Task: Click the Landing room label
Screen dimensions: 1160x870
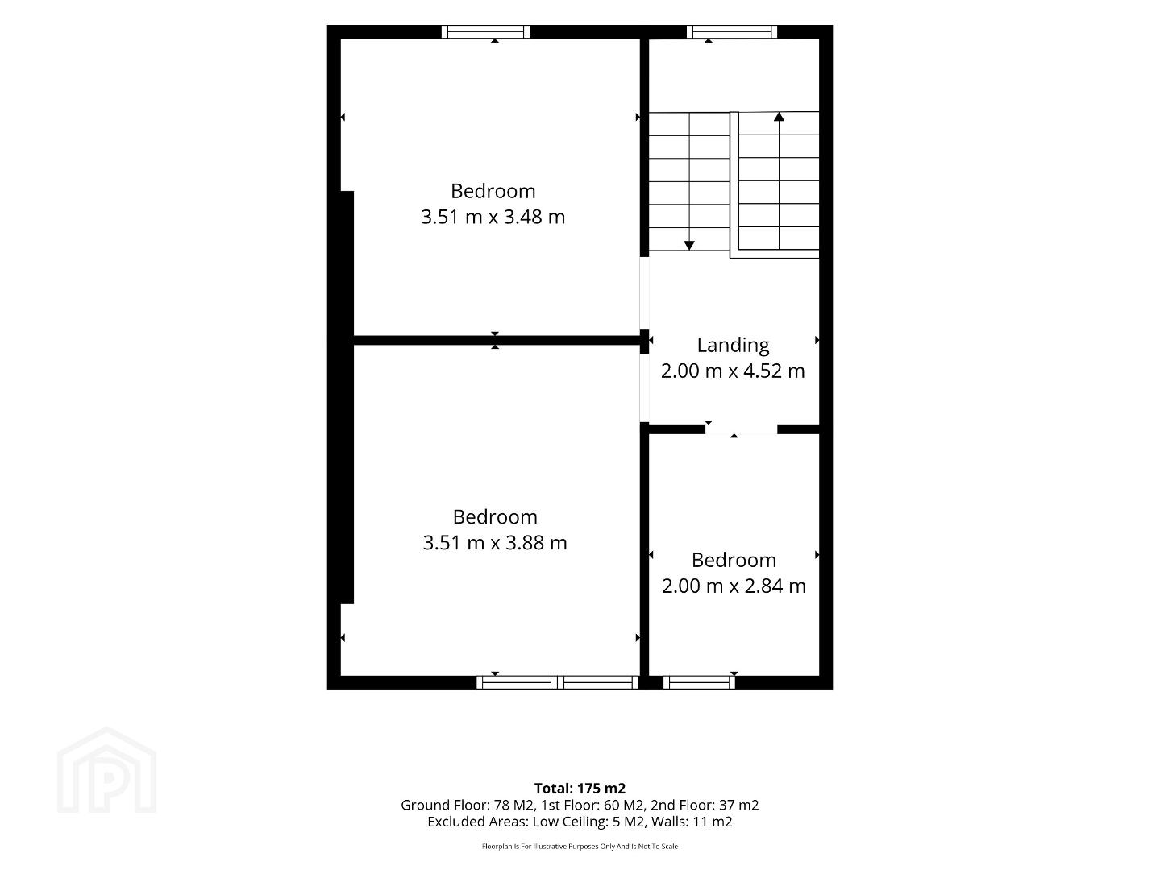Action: [733, 346]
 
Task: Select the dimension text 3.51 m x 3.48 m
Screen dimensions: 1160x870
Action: [493, 217]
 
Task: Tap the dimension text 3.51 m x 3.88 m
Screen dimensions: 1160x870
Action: [495, 543]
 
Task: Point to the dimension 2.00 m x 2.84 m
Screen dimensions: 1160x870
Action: [734, 586]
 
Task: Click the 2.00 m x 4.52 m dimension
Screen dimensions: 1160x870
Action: [733, 371]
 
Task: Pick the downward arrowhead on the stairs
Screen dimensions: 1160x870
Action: [689, 246]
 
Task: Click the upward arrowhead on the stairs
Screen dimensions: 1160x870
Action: [779, 117]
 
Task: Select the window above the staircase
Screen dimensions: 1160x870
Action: [732, 31]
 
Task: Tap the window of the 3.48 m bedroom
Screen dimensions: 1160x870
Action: [485, 31]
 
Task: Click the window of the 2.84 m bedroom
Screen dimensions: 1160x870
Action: [699, 682]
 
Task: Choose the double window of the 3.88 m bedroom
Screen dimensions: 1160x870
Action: [558, 682]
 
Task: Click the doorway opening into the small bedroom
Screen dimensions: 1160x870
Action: [741, 429]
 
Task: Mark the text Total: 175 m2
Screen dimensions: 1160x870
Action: [580, 788]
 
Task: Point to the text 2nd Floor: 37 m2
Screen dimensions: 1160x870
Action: [705, 805]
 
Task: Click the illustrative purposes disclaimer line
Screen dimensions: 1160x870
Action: [580, 847]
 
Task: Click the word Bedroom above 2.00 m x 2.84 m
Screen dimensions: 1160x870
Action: [734, 560]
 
